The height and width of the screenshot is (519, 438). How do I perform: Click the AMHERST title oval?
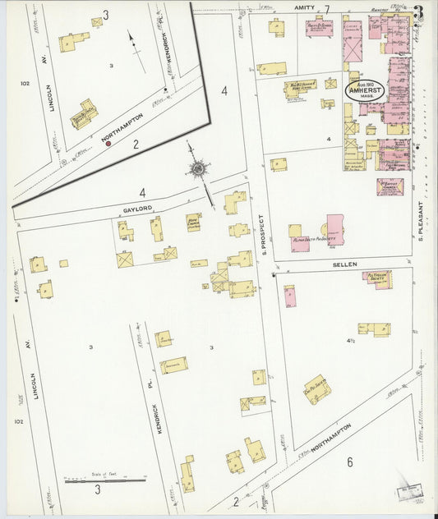pos(363,90)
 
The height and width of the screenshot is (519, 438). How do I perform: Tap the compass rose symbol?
pos(198,169)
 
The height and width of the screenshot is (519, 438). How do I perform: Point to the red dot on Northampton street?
pos(108,143)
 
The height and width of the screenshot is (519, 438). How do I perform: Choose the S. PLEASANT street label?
pos(420,221)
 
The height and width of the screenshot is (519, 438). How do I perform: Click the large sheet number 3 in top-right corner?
pos(420,14)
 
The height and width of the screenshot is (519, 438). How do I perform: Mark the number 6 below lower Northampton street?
pos(349,462)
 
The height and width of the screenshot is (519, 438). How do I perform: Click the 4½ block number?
pos(351,340)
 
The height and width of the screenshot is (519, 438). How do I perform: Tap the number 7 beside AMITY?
pos(327,9)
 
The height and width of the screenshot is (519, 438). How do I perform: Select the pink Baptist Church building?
pos(390,186)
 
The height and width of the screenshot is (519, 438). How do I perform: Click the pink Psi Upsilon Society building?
pos(376,278)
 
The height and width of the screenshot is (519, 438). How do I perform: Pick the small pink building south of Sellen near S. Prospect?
pos(289,296)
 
